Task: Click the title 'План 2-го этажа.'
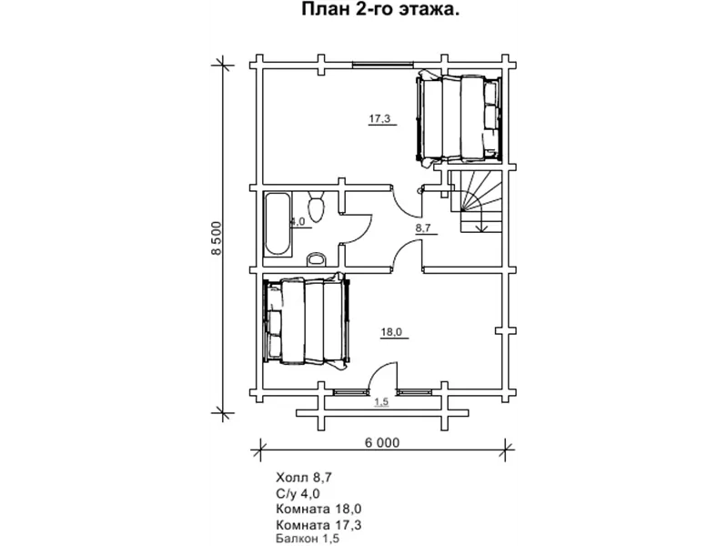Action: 380,9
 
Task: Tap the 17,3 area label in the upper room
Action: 379,119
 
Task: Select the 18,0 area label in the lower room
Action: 391,332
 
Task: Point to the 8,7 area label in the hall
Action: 423,228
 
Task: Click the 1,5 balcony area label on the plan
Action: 381,402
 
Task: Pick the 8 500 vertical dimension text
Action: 217,238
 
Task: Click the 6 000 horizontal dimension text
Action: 381,442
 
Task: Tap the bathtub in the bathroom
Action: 278,224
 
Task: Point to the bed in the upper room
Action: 460,118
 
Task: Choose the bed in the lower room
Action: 307,322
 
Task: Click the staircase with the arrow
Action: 476,201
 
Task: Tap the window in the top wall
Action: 382,65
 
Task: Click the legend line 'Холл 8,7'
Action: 304,477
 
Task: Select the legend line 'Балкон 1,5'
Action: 308,539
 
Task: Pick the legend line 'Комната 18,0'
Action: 318,509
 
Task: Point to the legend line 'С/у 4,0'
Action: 298,493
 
